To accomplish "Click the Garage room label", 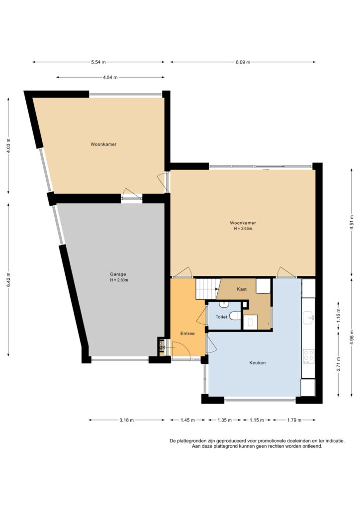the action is coord(117,274).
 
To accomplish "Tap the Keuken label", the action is coord(258,363).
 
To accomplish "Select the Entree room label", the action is coord(187,334).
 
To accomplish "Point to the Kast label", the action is coord(242,289).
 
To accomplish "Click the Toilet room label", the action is coord(221,317).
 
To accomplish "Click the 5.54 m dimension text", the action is coord(98,62).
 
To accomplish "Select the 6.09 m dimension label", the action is coord(243,62).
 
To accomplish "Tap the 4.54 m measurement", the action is coord(110,77).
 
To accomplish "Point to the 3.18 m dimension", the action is coord(126,420).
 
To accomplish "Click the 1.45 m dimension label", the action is coord(187,420).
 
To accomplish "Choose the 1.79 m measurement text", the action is coord(294,420).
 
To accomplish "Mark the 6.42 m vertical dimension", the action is coord(9,279).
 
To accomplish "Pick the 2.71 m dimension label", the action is coord(339,364).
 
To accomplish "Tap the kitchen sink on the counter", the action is coord(308,318).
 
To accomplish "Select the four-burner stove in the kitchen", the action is coord(308,356).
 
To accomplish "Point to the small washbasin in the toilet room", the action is coord(224,305).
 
